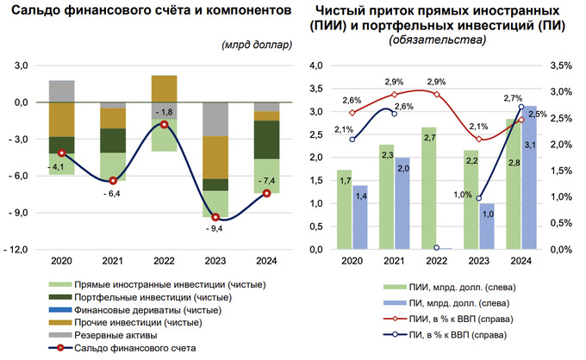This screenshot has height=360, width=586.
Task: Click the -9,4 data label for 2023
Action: (213, 228)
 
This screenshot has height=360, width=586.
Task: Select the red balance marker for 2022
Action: (164, 125)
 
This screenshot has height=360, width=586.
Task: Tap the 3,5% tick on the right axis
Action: (560, 65)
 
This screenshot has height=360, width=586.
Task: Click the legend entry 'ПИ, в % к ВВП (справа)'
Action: (448, 334)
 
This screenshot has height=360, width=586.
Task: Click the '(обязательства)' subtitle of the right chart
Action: (431, 40)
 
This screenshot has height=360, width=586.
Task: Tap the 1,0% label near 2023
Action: (464, 195)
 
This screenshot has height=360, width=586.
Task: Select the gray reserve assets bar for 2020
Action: (61, 91)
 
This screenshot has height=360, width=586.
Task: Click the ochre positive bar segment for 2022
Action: (164, 89)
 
